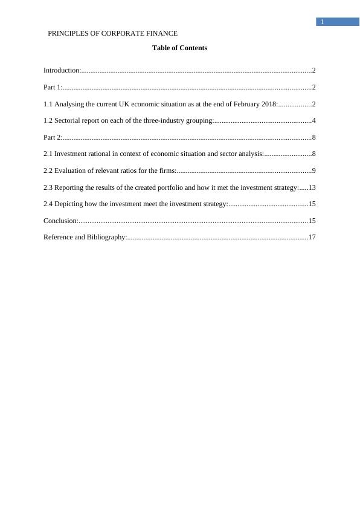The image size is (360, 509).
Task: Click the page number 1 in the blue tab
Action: (323, 22)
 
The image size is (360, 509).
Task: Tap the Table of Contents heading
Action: (179, 48)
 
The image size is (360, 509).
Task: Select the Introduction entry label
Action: (62, 71)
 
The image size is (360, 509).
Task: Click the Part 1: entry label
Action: (53, 88)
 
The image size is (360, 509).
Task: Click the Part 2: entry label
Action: (53, 138)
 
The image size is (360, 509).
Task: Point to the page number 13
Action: (312, 187)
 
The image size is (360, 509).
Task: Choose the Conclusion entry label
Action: (60, 221)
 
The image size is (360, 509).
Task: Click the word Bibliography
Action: (106, 238)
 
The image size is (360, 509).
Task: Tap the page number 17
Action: (312, 238)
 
